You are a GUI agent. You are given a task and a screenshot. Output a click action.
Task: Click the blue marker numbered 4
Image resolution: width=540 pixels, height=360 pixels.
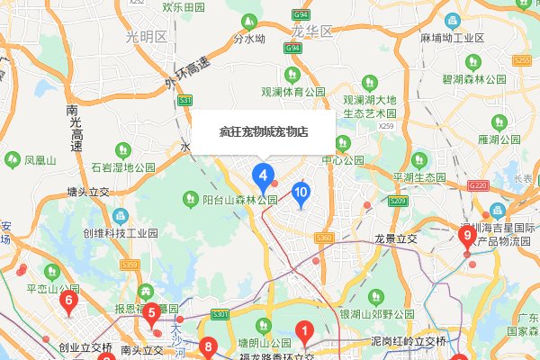tap(263, 173)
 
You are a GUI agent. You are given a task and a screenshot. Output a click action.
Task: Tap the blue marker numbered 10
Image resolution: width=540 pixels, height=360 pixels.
tap(301, 193)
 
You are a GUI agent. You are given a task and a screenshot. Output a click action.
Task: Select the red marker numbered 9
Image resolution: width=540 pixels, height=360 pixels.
tap(467, 238)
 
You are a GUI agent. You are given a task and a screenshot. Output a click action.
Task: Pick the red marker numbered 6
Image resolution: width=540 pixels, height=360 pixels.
tap(68, 302)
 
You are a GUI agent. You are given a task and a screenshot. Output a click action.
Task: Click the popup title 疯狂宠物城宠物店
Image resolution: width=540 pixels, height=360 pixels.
tap(264, 131)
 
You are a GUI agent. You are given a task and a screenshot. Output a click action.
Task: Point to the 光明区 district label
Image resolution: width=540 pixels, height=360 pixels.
tap(147, 37)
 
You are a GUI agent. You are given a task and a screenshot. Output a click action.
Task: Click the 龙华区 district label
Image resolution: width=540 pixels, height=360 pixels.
tap(312, 31)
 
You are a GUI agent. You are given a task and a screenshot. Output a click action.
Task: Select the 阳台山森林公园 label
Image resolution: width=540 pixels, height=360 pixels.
tap(238, 199)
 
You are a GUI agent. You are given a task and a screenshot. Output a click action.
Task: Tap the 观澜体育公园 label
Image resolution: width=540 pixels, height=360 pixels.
tap(292, 92)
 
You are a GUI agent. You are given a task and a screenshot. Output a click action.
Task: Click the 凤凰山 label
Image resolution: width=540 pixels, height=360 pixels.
tap(40, 161)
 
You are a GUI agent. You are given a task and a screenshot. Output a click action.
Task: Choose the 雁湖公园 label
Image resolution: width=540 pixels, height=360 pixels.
tap(499, 139)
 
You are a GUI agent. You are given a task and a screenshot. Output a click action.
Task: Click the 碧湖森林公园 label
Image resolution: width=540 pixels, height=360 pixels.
tap(487, 78)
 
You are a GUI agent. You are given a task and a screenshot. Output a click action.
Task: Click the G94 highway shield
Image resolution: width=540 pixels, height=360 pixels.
tap(301, 15)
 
